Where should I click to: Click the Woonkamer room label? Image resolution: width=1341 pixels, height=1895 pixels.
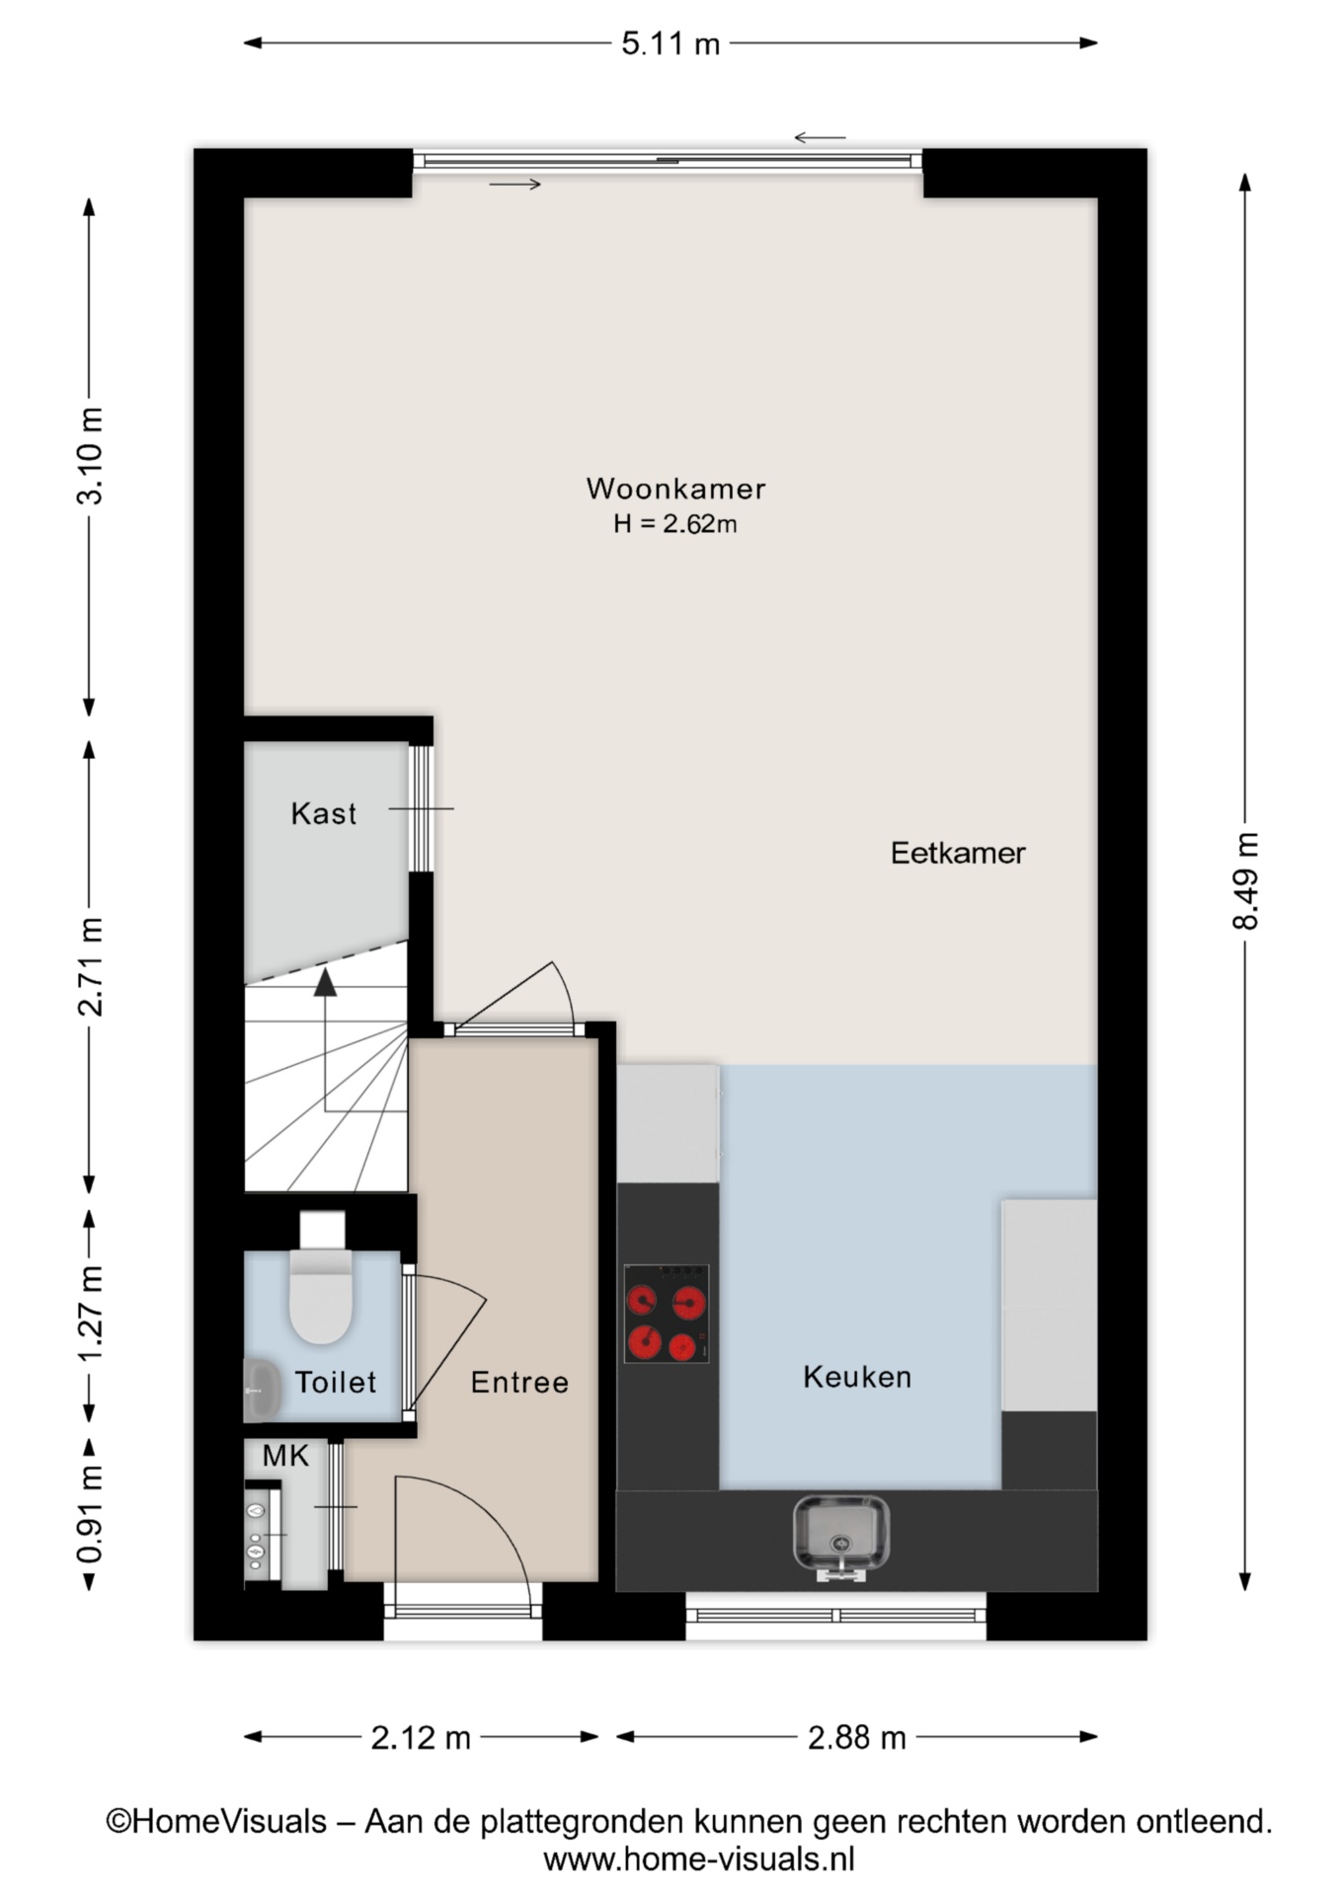675,489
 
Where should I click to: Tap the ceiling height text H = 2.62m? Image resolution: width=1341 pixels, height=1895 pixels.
675,523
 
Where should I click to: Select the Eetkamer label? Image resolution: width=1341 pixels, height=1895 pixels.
958,853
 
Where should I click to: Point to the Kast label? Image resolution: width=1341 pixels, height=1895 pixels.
324,813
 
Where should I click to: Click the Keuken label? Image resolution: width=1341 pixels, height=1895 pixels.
857,1377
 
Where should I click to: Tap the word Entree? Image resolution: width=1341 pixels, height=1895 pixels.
519,1382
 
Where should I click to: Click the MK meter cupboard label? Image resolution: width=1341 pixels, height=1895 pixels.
285,1456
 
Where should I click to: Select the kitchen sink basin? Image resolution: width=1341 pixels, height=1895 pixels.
841,1536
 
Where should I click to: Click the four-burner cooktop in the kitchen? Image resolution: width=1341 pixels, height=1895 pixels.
667,1314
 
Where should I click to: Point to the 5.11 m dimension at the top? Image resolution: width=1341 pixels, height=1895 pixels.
670,43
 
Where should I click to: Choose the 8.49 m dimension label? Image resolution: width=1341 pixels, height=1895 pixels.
1245,881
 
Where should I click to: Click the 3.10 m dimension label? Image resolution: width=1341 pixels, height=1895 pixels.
90,456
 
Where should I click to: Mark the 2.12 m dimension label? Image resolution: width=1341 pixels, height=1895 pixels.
421,1737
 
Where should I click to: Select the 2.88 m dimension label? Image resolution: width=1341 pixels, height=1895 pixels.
857,1737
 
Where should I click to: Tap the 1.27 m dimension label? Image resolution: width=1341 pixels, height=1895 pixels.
90,1313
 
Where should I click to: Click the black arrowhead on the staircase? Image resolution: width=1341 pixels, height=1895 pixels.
325,982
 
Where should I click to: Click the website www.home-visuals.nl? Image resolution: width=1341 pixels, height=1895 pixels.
699,1859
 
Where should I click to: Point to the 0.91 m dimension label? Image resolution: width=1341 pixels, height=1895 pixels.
90,1515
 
